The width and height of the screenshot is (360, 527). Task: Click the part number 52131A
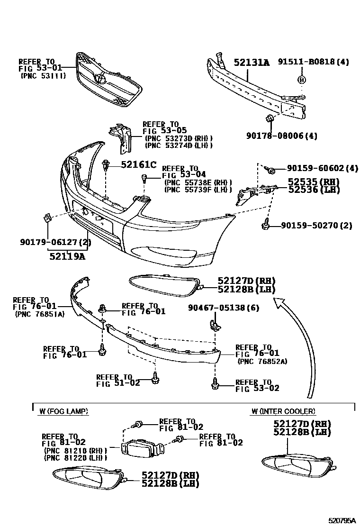pos(251,62)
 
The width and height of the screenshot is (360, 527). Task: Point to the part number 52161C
pos(138,164)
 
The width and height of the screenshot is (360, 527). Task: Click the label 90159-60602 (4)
pos(323,168)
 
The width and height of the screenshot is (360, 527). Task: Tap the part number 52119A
pos(67,256)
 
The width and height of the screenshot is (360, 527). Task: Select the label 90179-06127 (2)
pos(55,242)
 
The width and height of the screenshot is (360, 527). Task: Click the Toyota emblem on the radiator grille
pos(100,78)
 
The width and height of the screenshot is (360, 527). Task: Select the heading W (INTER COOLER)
pos(283,411)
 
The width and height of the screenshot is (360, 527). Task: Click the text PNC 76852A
pos(263,361)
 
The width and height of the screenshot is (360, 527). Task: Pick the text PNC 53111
pos(43,76)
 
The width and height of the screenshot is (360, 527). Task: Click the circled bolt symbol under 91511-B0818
pos(301,80)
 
